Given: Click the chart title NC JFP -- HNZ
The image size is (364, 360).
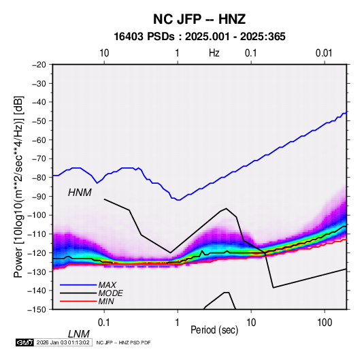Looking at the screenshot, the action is [199, 19].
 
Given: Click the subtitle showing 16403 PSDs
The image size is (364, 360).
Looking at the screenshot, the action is [199, 37].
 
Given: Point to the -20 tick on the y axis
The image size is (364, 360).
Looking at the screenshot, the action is [39, 65].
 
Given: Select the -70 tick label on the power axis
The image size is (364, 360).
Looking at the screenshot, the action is [39, 159].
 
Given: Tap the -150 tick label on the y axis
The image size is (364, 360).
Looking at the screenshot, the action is [37, 310].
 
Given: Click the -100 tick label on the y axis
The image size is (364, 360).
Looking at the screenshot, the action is [37, 215].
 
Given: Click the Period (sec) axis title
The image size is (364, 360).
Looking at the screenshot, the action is [214, 330].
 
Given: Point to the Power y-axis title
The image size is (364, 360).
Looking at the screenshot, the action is [18, 186].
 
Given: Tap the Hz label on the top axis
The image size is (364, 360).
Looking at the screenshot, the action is [214, 53].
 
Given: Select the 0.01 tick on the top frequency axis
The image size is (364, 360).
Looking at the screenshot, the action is [324, 53].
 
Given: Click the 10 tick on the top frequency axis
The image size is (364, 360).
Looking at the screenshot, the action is [104, 53].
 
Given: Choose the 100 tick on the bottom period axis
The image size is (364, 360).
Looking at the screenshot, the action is [325, 322].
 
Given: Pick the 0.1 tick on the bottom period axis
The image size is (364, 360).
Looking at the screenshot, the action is [104, 322].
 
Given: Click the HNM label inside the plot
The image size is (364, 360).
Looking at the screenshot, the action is [80, 193].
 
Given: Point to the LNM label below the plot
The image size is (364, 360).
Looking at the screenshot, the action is [79, 334].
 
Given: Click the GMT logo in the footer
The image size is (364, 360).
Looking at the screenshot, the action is [24, 342].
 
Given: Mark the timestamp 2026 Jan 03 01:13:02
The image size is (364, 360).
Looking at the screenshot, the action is [63, 342].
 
